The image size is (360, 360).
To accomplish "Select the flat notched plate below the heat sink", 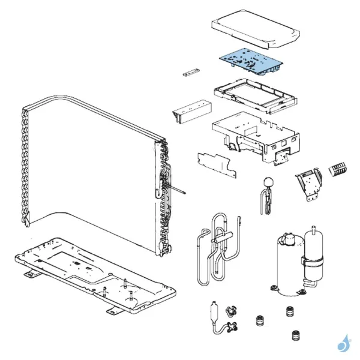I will (214, 163).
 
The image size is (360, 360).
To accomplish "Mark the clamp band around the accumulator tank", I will (312, 262).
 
